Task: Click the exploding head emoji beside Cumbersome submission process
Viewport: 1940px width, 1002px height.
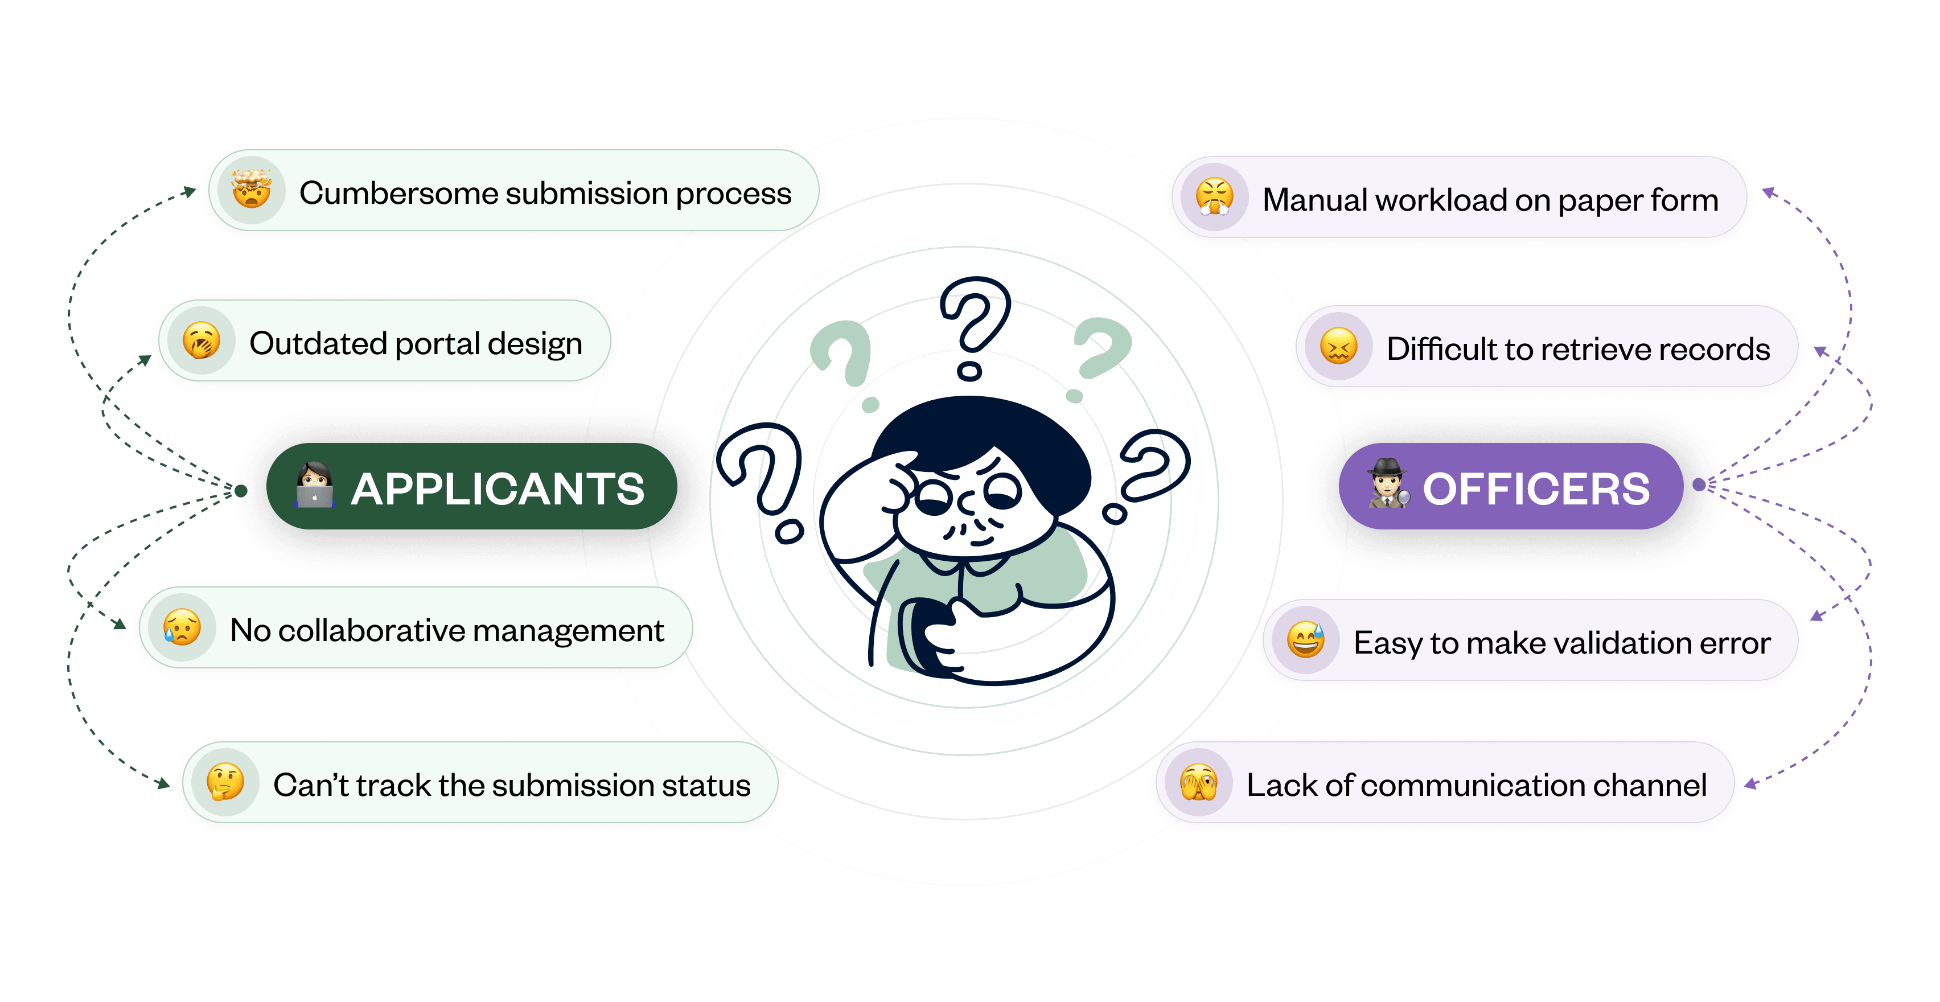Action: (x=252, y=189)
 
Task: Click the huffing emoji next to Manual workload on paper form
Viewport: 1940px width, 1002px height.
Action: (x=1214, y=198)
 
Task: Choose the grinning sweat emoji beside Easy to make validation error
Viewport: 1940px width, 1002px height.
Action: (x=1305, y=640)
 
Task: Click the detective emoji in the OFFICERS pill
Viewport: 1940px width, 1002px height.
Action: (x=1387, y=484)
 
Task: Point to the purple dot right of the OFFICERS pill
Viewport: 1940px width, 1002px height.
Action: (x=1698, y=484)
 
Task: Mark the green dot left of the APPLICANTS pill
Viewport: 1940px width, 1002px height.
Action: (x=240, y=491)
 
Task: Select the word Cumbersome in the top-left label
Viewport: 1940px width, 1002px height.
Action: (x=397, y=193)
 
